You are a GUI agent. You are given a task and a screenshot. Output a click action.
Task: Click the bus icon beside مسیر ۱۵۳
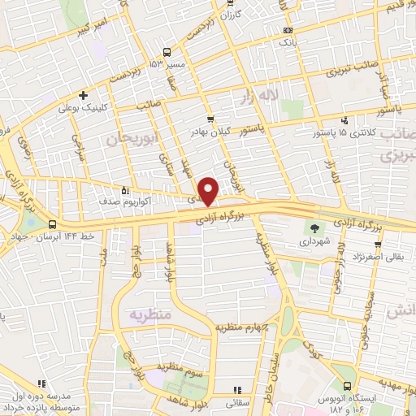tap(166, 52)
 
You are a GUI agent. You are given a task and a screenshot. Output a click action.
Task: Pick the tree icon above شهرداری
tap(314, 227)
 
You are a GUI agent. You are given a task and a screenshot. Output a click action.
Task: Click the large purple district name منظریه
tap(152, 312)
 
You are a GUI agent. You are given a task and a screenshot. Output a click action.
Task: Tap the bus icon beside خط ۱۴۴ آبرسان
tap(53, 223)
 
